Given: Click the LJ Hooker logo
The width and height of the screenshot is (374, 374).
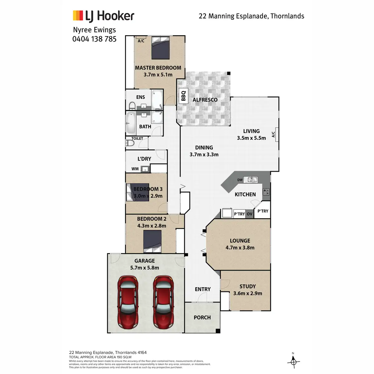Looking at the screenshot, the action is tap(103, 16).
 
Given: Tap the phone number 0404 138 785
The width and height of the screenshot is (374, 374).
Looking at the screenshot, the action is tap(94, 39).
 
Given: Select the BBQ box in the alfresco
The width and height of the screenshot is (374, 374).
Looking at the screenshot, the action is tap(183, 96).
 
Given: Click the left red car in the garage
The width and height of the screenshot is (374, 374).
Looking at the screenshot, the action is tap(128, 302).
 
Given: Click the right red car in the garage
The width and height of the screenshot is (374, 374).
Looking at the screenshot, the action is tap(163, 302).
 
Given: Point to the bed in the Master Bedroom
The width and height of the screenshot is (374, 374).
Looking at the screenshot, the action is tap(161, 47).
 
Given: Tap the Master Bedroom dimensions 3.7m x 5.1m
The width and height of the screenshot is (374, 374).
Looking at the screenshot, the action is tap(158, 74).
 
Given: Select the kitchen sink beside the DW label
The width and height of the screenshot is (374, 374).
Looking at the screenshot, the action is tap(250, 180).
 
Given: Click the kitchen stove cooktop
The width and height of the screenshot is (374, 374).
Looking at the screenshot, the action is tap(266, 192).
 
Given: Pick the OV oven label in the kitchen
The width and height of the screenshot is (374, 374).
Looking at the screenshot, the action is tap(249, 214).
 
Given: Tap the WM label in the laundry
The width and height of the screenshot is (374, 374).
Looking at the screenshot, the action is tap(135, 169).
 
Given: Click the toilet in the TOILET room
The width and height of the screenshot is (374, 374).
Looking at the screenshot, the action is tap(130, 143).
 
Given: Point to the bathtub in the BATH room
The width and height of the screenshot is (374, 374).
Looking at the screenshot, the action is tap(130, 122).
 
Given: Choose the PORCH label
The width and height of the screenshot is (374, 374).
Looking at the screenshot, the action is tap(202, 317).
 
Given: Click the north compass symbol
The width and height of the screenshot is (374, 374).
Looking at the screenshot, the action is tap(293, 362).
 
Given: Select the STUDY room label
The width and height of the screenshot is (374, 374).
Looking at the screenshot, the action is tap(248, 286).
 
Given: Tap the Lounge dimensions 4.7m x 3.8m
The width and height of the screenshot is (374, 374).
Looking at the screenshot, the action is tap(240, 248).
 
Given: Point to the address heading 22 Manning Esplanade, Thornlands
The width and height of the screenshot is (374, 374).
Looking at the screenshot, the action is tap(252, 16).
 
